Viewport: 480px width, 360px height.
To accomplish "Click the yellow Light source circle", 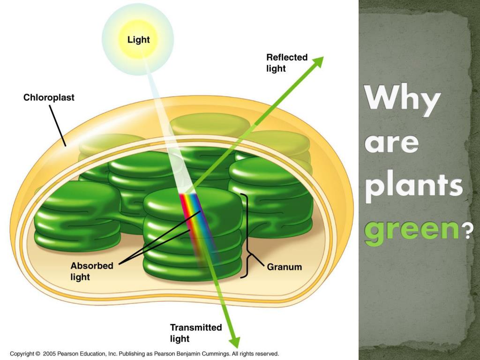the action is (138, 40).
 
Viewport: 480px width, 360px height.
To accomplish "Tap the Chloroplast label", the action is (49, 98).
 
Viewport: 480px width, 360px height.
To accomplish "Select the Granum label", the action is (285, 267).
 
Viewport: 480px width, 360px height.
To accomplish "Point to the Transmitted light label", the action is (196, 333).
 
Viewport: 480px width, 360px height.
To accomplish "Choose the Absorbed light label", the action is (92, 271).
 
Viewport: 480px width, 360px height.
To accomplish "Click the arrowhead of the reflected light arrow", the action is (319, 61).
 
